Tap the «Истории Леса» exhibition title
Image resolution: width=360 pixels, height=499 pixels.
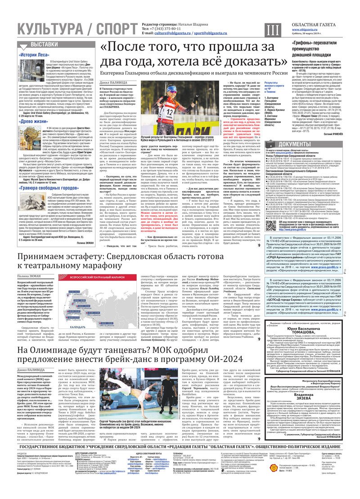34,54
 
